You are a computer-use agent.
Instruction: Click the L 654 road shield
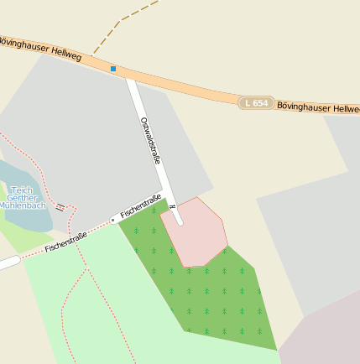[x=257, y=102]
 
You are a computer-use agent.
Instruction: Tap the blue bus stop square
[x=113, y=69]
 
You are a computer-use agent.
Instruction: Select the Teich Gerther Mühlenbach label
[x=21, y=198]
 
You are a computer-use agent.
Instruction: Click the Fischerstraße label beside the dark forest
[x=140, y=207]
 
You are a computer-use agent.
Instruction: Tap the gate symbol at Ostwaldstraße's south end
[x=172, y=206]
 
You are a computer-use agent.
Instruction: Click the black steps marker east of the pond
[x=60, y=207]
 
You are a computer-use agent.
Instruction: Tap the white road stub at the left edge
[x=7, y=263]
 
